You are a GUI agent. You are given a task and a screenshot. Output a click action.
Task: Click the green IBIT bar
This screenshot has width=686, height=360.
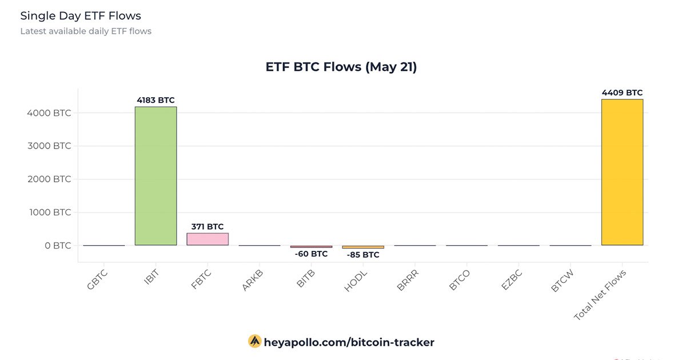point(155,176)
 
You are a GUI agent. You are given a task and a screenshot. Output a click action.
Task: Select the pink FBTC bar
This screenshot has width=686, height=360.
point(208,239)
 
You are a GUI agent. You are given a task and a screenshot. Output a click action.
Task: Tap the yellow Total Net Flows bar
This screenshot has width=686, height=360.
point(622,172)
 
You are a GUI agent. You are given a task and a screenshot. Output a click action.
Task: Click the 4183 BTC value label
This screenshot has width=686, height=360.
point(155,100)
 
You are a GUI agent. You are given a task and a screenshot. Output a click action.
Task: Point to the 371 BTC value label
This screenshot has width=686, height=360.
point(208,226)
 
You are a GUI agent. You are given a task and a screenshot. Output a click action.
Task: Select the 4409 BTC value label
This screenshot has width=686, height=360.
point(622,93)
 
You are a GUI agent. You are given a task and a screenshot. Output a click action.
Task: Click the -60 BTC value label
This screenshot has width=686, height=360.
point(311,254)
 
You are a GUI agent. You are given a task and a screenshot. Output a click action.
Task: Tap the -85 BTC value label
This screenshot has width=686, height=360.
point(363,255)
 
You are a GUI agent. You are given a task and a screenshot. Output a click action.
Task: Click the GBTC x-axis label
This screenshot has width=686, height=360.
point(98,281)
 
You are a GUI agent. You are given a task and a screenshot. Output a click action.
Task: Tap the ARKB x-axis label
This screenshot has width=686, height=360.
point(253,281)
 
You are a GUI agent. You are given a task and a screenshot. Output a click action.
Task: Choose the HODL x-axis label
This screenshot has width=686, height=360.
point(356,281)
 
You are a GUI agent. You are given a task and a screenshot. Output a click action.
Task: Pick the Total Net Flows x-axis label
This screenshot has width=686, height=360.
point(600,294)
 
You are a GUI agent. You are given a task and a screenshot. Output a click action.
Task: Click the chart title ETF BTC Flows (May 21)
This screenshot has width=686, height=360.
point(341,67)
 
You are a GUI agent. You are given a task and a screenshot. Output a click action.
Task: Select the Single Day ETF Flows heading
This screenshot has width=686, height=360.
point(81,15)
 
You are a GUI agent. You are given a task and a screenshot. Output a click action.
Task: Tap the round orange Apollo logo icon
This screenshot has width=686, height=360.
point(254,342)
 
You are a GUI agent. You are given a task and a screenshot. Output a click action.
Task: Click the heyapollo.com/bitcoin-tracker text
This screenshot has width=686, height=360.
point(349,342)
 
